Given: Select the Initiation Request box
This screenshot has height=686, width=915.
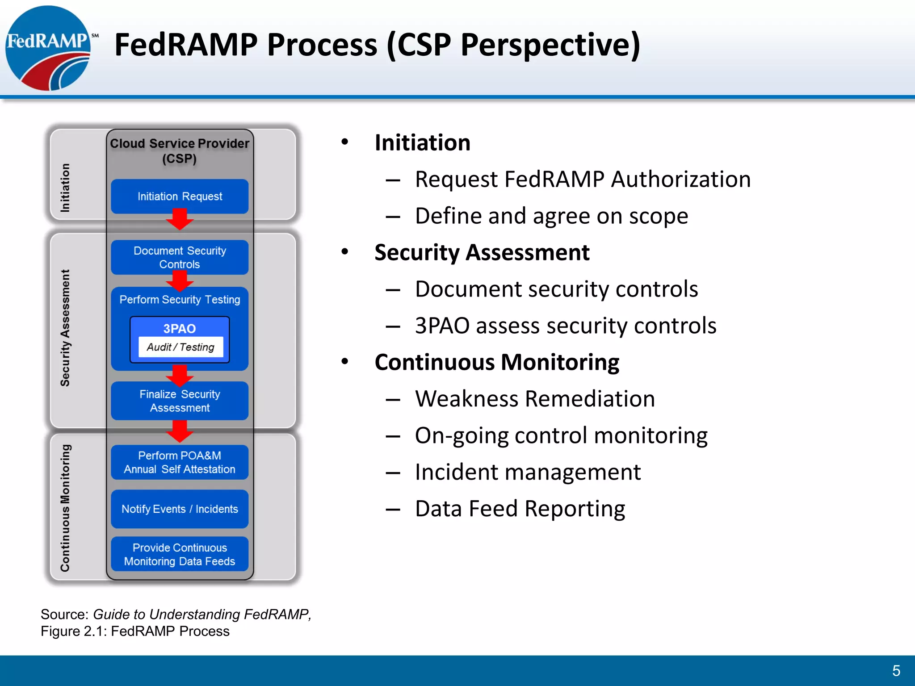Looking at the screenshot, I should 180,197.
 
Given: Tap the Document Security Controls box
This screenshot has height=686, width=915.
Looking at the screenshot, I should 180,257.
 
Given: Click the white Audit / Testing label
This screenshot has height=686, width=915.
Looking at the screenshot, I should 180,347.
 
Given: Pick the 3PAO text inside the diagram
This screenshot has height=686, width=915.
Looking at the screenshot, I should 180,329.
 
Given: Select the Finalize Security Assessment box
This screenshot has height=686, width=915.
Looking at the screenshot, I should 180,401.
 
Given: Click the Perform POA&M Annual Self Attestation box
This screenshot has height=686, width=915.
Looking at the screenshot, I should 180,462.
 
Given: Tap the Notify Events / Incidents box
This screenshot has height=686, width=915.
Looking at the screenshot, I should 180,509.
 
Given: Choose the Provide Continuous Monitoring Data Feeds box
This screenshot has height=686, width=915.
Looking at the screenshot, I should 180,554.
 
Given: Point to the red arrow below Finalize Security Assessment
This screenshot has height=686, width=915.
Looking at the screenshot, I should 180,431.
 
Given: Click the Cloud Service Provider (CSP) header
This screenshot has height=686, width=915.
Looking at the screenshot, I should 180,151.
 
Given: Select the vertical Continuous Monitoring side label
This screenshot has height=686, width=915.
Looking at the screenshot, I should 65,508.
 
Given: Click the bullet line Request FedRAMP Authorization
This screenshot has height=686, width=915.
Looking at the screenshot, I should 582,180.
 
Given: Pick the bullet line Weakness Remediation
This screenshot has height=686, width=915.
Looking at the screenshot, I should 534,399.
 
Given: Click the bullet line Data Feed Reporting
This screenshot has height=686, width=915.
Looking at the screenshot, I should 520,509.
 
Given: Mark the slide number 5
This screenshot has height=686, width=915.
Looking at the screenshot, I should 896,670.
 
